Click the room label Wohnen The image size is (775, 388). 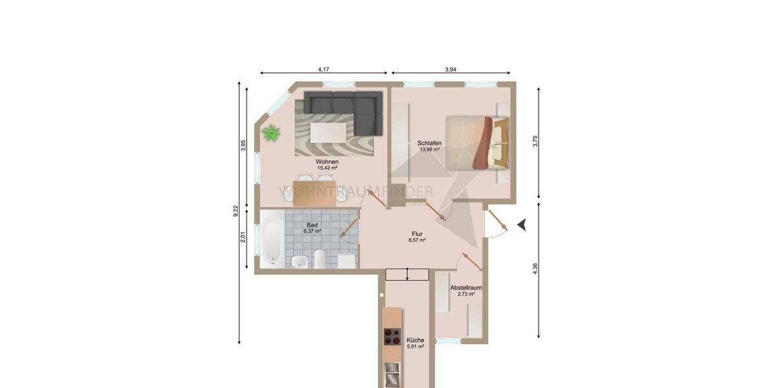pos(327,161)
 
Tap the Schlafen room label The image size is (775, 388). pos(429,142)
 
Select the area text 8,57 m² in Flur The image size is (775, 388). pos(417,240)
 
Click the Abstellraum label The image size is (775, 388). pos(466,287)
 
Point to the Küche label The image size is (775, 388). pos(416,340)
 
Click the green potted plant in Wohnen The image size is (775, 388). pos(271,134)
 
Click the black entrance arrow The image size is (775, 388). pos(522,224)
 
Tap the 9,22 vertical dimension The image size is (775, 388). pos(236,211)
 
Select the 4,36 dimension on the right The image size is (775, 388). pos(535,268)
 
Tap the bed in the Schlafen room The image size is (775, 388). pos(477,142)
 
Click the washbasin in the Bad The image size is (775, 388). pos(300,261)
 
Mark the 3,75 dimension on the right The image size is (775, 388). pos(535,142)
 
